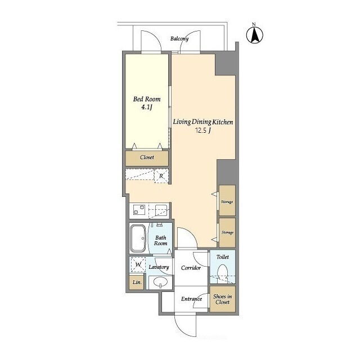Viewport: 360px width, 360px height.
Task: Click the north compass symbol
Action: (x=254, y=35)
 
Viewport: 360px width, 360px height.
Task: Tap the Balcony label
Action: (x=179, y=39)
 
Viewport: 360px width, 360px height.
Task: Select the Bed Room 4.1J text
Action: (x=147, y=103)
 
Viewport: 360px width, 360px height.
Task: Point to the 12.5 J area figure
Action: (x=203, y=130)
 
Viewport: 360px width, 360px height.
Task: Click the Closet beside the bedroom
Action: (x=147, y=158)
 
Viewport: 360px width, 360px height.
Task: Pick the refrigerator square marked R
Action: (x=161, y=176)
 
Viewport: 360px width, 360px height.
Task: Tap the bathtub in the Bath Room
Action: (x=138, y=238)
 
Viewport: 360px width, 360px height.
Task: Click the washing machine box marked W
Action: (x=138, y=264)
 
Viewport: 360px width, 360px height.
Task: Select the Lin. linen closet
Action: (x=137, y=282)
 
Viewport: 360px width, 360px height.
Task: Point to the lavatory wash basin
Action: (x=160, y=282)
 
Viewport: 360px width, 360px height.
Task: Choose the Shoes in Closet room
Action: (x=223, y=299)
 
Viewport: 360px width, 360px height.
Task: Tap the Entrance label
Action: (x=191, y=299)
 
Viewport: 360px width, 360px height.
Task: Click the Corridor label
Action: (x=191, y=268)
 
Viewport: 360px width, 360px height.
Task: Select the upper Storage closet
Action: (x=227, y=200)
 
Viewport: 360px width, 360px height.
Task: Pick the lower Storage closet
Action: (x=227, y=232)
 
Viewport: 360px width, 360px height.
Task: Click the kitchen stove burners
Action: (x=139, y=210)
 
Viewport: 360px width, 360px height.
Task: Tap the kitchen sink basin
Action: (x=162, y=210)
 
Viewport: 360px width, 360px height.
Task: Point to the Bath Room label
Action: (x=160, y=240)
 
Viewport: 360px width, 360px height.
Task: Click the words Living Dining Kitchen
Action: (x=203, y=122)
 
